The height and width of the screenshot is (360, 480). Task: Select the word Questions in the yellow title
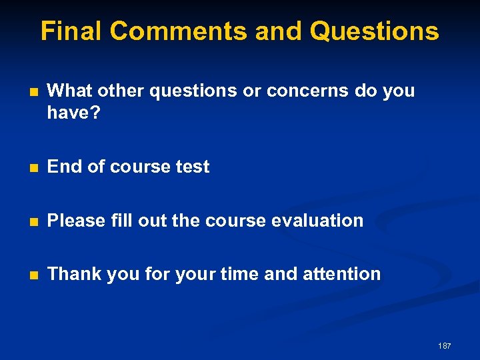click(375, 31)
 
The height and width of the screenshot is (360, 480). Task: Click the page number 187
click(444, 346)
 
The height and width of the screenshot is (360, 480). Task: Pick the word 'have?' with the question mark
click(73, 114)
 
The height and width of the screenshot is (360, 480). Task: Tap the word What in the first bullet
click(70, 91)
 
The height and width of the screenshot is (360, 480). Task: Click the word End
click(65, 167)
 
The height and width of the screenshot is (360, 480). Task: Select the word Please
click(77, 220)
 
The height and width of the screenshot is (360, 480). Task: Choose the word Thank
click(73, 273)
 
